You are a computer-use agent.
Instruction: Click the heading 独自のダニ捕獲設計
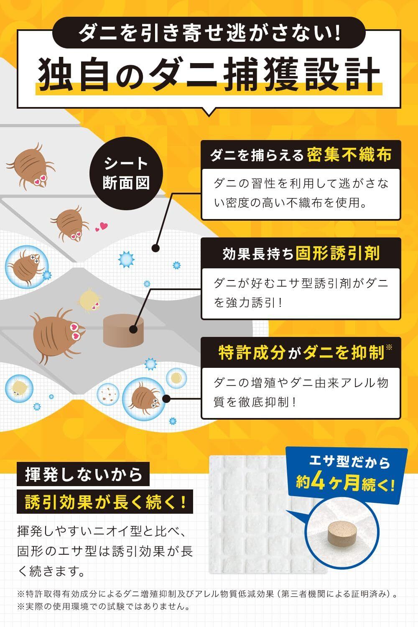coord(209,74)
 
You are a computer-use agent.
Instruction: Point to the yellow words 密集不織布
coord(349,155)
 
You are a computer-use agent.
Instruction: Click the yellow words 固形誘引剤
coord(337,253)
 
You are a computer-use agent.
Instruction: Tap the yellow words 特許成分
coord(251,353)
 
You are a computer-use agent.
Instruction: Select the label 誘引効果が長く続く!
coord(104,502)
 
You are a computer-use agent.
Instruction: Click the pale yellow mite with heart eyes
coord(90,300)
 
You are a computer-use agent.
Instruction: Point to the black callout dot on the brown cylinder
coord(133,329)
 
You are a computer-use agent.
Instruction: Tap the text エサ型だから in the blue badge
coord(349,462)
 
